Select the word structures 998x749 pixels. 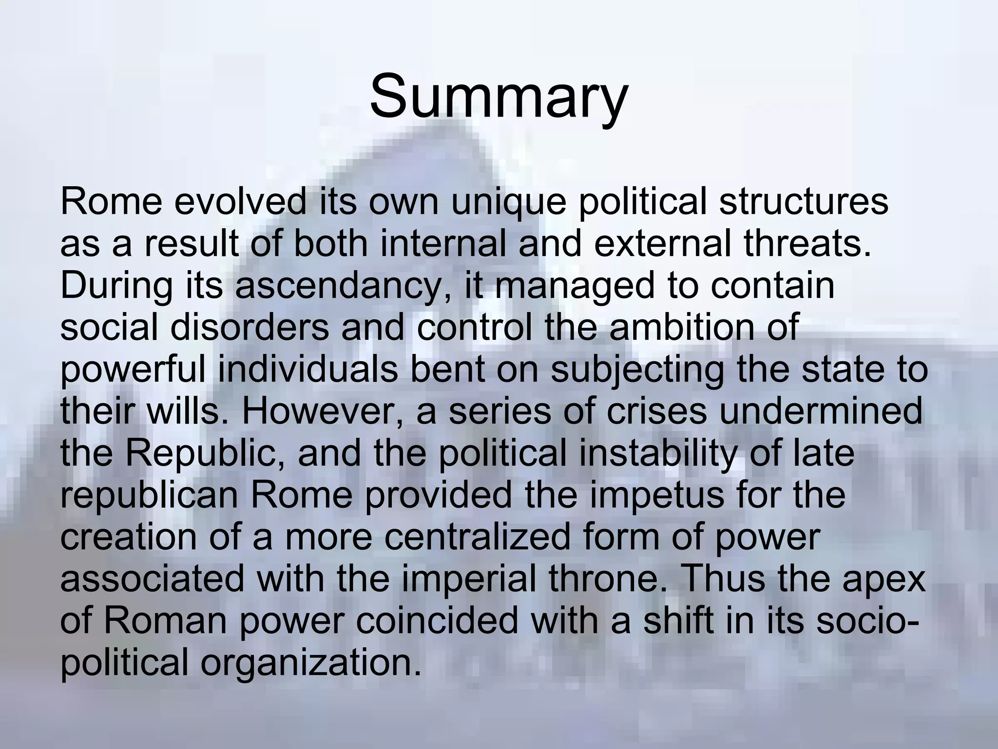point(804,201)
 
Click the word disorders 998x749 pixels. point(249,328)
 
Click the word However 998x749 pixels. point(322,412)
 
